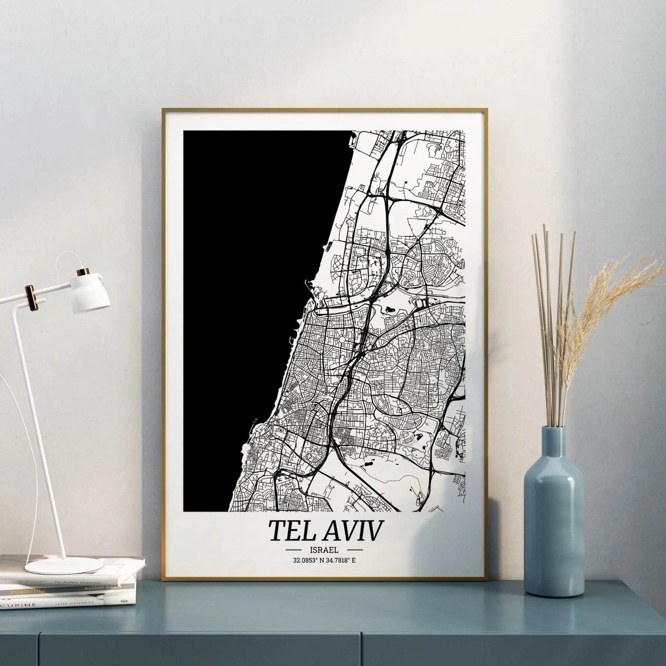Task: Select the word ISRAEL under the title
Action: coord(324,550)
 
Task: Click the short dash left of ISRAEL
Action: coord(294,550)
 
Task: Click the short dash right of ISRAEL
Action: coord(354,550)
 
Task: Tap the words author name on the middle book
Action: coord(107,587)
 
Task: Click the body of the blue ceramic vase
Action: coord(554,530)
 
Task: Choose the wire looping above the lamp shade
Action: coord(65,258)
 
